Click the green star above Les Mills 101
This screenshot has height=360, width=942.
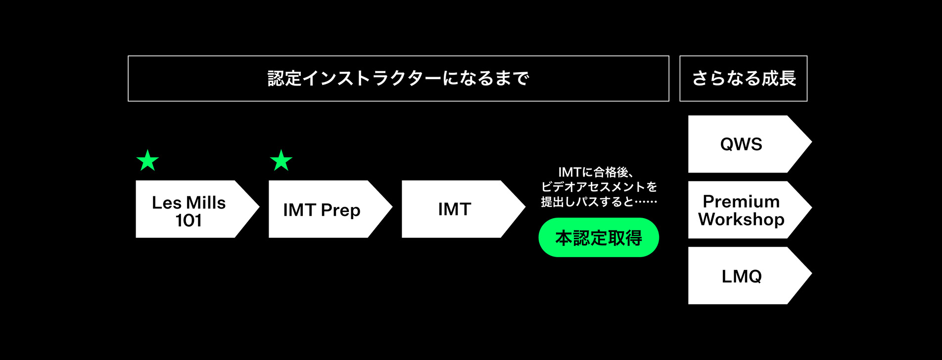point(147,161)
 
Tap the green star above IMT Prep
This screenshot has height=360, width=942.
point(281,161)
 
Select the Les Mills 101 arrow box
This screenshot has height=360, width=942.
point(193,209)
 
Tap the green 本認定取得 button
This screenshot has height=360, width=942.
point(599,238)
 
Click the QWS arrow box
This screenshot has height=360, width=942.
point(745,144)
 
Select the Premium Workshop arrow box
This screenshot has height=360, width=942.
point(745,210)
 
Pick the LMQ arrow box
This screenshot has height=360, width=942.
point(745,275)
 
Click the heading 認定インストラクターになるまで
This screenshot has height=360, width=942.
point(398,79)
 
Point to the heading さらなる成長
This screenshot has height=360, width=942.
point(744,79)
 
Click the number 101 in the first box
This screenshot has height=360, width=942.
point(188,221)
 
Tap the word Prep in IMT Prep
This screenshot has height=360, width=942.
point(340,210)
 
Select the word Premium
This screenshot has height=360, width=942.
point(741,201)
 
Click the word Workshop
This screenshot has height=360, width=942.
point(741,219)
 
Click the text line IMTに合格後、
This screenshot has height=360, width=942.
point(596,172)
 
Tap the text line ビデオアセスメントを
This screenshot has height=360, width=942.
point(599,187)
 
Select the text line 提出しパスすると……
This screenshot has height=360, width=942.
point(599,202)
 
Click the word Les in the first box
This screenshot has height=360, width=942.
point(166,203)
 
